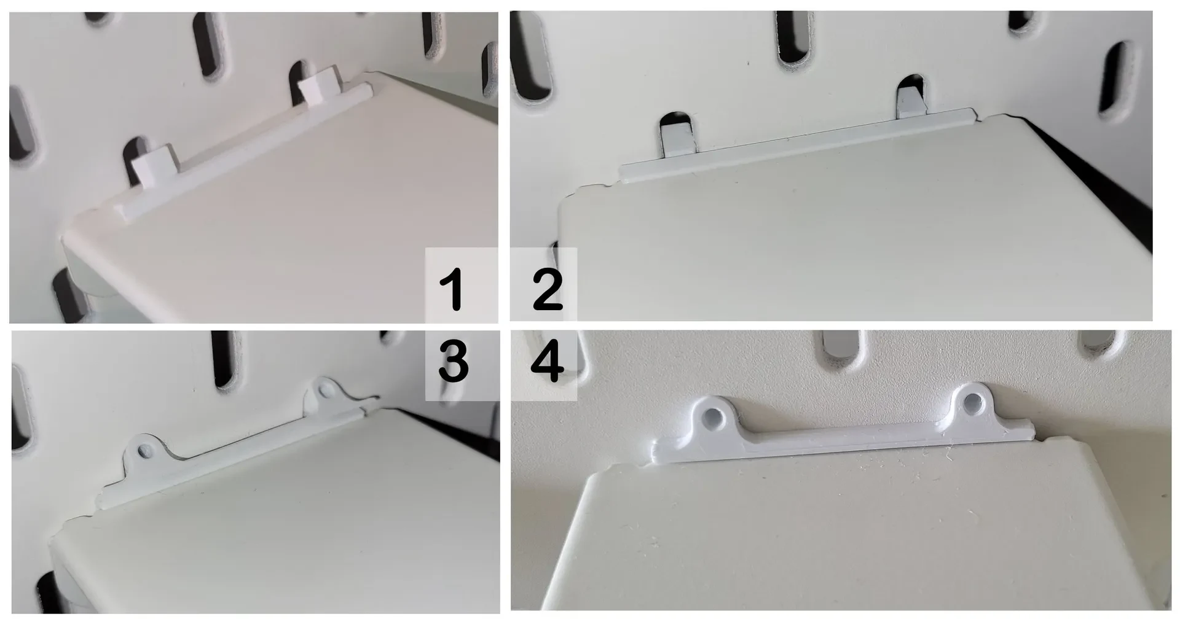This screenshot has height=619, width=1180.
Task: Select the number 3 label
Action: pyautogui.click(x=453, y=362)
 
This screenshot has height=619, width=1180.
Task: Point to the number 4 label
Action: pyautogui.click(x=547, y=362)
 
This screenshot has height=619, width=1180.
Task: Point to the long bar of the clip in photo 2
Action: pyautogui.click(x=797, y=146)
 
